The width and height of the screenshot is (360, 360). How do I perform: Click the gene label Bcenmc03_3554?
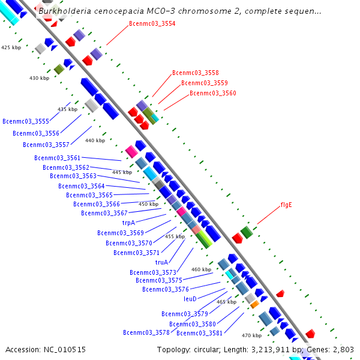[x=152, y=23]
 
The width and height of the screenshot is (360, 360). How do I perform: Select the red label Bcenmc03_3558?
[x=195, y=73]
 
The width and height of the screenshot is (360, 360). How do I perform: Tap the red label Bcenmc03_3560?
[x=212, y=93]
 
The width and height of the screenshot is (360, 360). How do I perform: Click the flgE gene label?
[x=286, y=205]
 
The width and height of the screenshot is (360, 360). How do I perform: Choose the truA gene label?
[x=161, y=262]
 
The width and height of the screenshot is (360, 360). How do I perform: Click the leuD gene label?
[x=190, y=298]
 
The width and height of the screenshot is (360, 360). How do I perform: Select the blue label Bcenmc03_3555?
[x=26, y=121]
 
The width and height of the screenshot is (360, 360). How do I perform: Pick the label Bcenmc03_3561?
[x=58, y=158]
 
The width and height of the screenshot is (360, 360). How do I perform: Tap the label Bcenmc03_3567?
[x=104, y=213]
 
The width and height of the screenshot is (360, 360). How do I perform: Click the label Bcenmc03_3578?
[x=146, y=332]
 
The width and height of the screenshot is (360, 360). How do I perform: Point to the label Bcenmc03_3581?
[x=199, y=333]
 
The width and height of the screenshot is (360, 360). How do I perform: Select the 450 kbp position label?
[x=149, y=204]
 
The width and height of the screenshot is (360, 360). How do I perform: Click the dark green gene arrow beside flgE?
[x=246, y=232]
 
